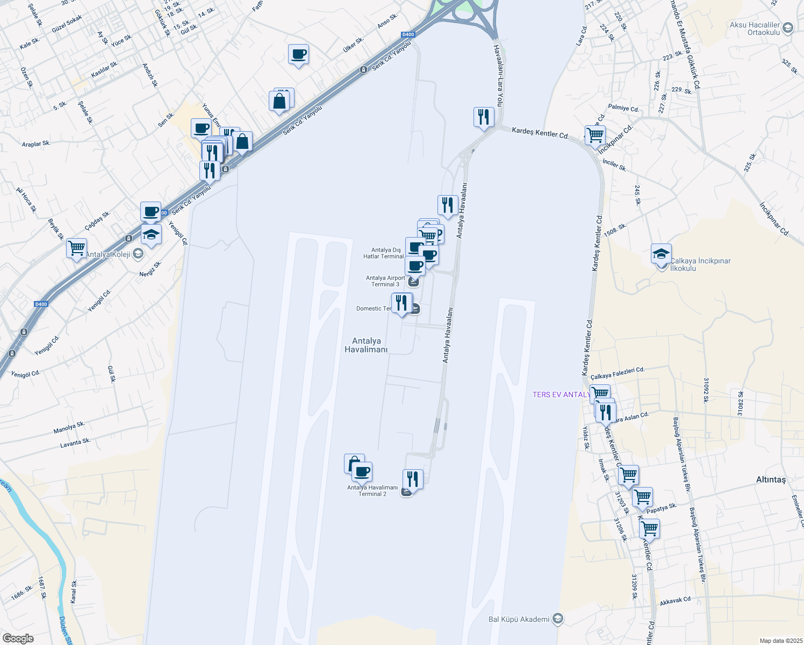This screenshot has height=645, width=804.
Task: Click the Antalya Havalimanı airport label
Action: (366, 345)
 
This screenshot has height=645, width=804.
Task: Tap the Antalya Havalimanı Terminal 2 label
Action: (372, 490)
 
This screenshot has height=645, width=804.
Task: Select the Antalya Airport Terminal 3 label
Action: (385, 281)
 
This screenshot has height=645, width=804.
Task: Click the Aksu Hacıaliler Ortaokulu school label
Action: (755, 28)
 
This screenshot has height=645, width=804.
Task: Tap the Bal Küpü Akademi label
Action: (519, 619)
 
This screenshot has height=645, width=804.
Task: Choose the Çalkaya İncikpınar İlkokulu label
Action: (700, 264)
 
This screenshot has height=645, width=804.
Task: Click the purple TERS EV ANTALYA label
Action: (561, 395)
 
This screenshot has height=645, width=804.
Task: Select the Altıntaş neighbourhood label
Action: (771, 479)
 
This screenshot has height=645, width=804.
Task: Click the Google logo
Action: (18, 639)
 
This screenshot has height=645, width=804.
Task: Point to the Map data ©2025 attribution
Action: (781, 641)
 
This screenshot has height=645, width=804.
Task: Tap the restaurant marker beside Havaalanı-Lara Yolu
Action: (484, 117)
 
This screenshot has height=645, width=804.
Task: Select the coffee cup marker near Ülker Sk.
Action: (298, 54)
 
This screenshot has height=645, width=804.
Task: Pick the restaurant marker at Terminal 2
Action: (413, 479)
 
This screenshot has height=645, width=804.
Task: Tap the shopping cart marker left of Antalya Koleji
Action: (77, 248)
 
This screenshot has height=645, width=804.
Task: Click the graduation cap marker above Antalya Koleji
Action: (151, 234)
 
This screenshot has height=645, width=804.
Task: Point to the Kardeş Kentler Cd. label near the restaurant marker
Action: (540, 132)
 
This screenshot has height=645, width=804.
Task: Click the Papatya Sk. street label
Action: (661, 508)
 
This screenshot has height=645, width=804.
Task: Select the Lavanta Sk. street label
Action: (75, 443)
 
